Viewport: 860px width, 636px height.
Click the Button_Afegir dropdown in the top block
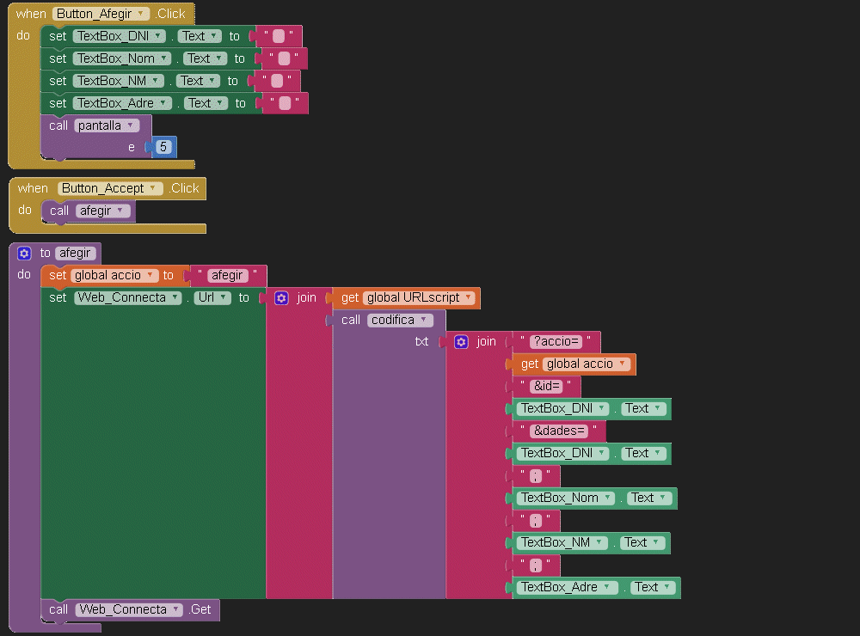pos(101,14)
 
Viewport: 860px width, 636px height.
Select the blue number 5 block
pos(163,147)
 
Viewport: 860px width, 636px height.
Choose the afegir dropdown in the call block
pos(102,211)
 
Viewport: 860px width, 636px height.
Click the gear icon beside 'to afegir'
pos(24,254)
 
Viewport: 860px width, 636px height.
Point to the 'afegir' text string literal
pos(227,276)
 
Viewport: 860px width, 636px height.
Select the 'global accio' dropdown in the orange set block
pos(114,276)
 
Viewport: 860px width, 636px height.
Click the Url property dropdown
pos(212,298)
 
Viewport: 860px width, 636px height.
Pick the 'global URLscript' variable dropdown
pos(419,298)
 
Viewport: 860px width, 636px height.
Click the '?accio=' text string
pos(556,342)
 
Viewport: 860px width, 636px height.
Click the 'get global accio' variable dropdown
pos(587,364)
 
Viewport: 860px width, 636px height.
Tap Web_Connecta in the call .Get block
pos(129,610)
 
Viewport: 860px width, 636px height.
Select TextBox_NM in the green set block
pos(119,81)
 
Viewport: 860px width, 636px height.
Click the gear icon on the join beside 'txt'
pos(461,342)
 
